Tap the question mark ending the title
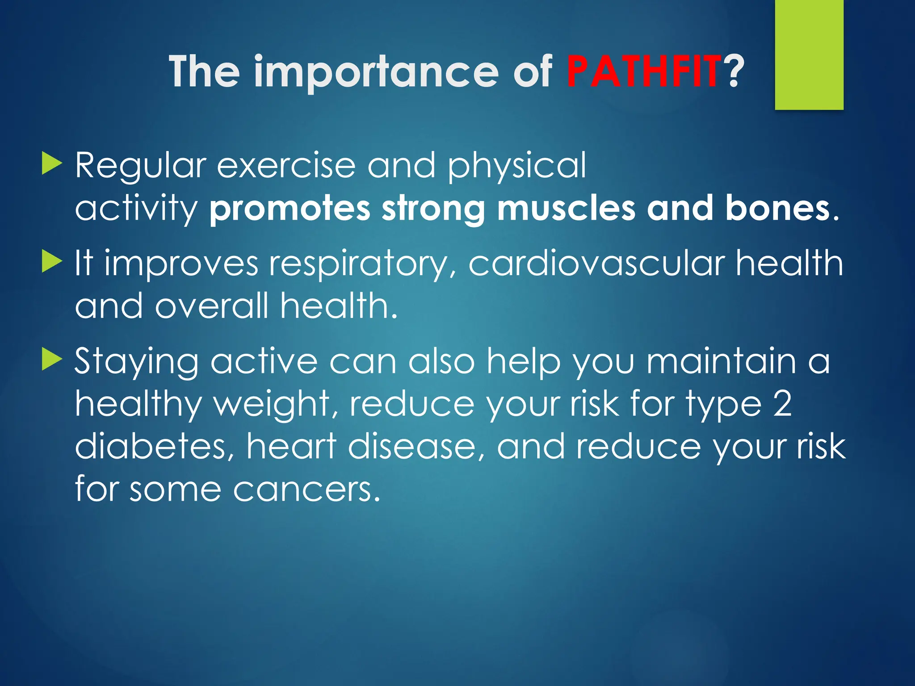[x=734, y=71]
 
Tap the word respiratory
[x=358, y=264]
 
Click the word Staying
[x=136, y=363]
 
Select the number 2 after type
[x=782, y=403]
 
